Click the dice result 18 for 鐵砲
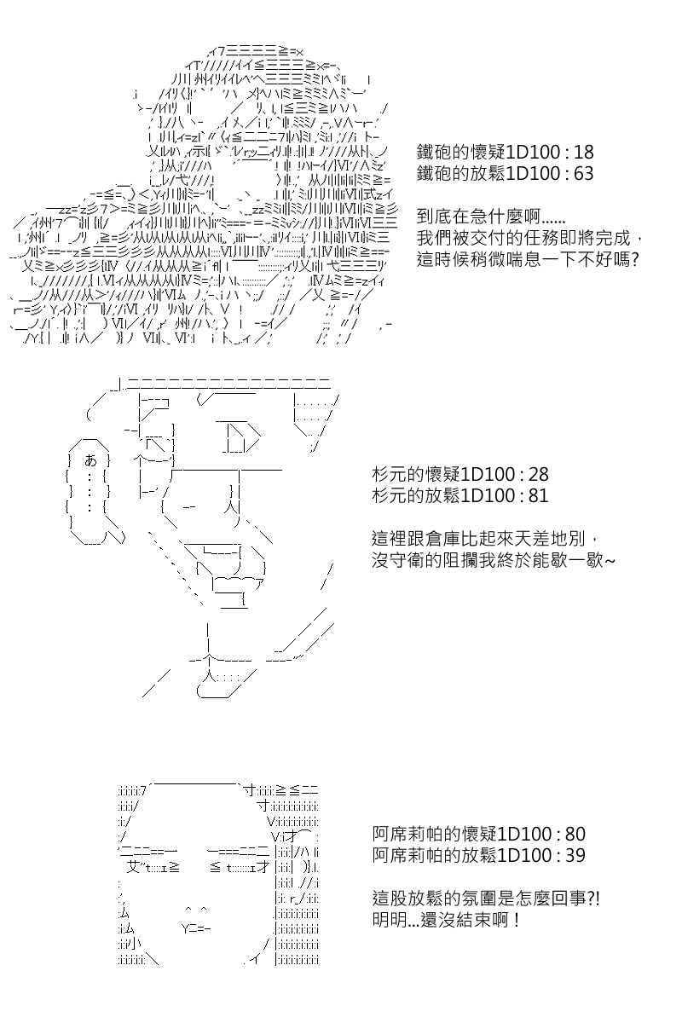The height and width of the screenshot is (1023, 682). click(x=583, y=152)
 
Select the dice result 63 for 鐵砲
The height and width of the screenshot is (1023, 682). click(x=583, y=174)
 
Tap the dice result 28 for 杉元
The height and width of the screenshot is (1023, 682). click(x=538, y=475)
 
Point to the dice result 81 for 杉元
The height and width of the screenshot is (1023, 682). click(x=538, y=496)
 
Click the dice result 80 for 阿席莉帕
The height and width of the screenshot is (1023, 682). click(x=575, y=835)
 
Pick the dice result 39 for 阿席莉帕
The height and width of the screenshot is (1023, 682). click(x=575, y=855)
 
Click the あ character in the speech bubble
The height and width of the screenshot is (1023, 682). click(x=91, y=460)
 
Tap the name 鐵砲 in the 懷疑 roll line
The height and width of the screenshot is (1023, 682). click(x=434, y=152)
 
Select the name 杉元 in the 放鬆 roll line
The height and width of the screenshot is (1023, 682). click(x=390, y=496)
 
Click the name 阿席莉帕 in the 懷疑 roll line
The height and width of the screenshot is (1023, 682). click(x=407, y=835)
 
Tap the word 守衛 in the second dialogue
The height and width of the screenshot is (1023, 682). click(x=407, y=560)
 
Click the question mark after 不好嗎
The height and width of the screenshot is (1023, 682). click(x=634, y=260)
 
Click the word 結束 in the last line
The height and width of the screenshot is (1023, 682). click(x=479, y=920)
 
